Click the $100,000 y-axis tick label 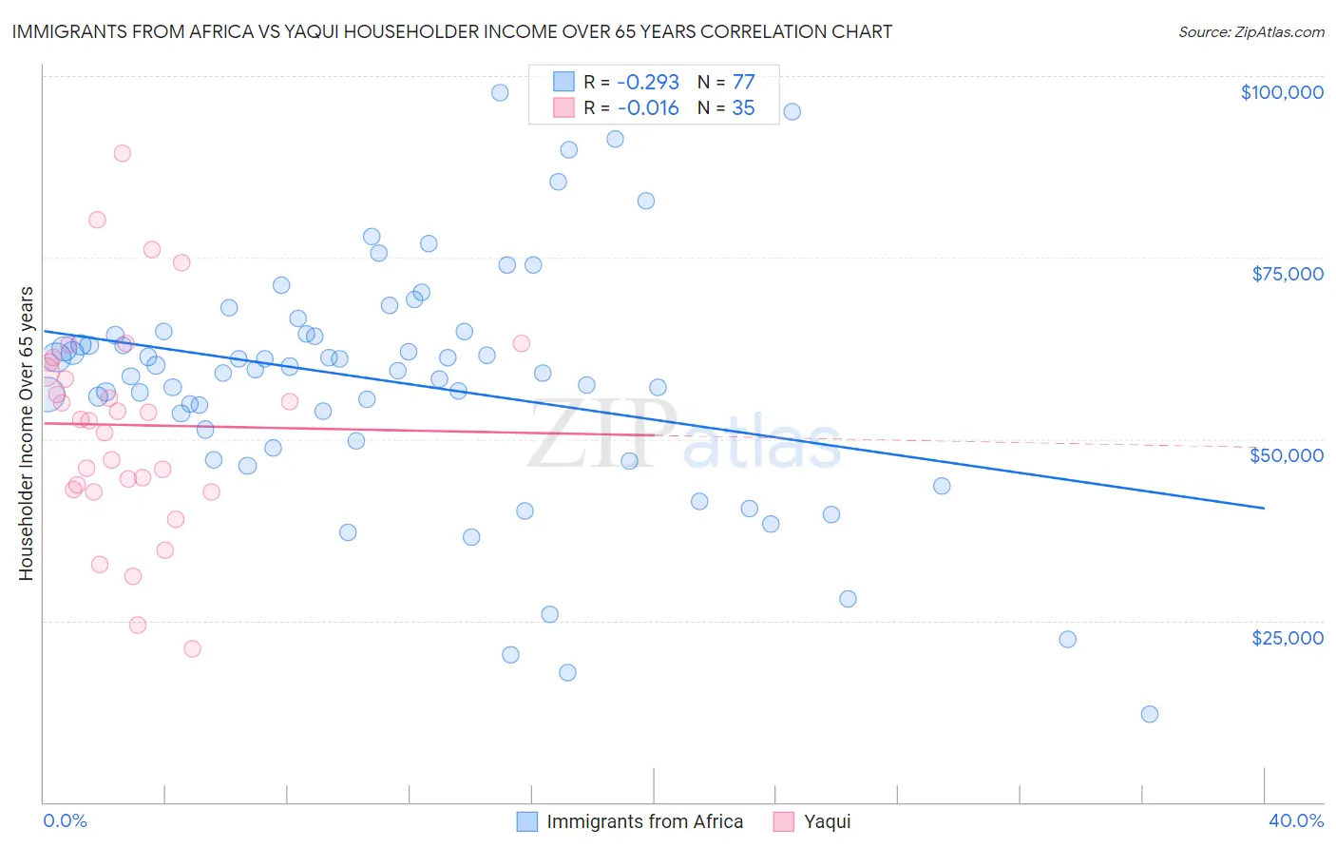[1282, 92]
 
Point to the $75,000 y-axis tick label [1287, 274]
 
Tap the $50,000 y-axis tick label [1287, 455]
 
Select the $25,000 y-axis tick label [1287, 638]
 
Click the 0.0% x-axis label [65, 820]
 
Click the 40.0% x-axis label [1295, 820]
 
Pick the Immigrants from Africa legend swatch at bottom [527, 821]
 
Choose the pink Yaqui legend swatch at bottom [784, 821]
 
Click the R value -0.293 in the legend [648, 82]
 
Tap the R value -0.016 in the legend [648, 107]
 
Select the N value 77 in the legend [743, 82]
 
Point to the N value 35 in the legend [743, 107]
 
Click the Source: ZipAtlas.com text [1250, 31]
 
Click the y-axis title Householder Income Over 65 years [26, 434]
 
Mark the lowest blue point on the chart [1149, 714]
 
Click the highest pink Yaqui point [122, 153]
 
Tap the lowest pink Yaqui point [192, 648]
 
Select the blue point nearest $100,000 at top [500, 92]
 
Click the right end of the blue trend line [1264, 508]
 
